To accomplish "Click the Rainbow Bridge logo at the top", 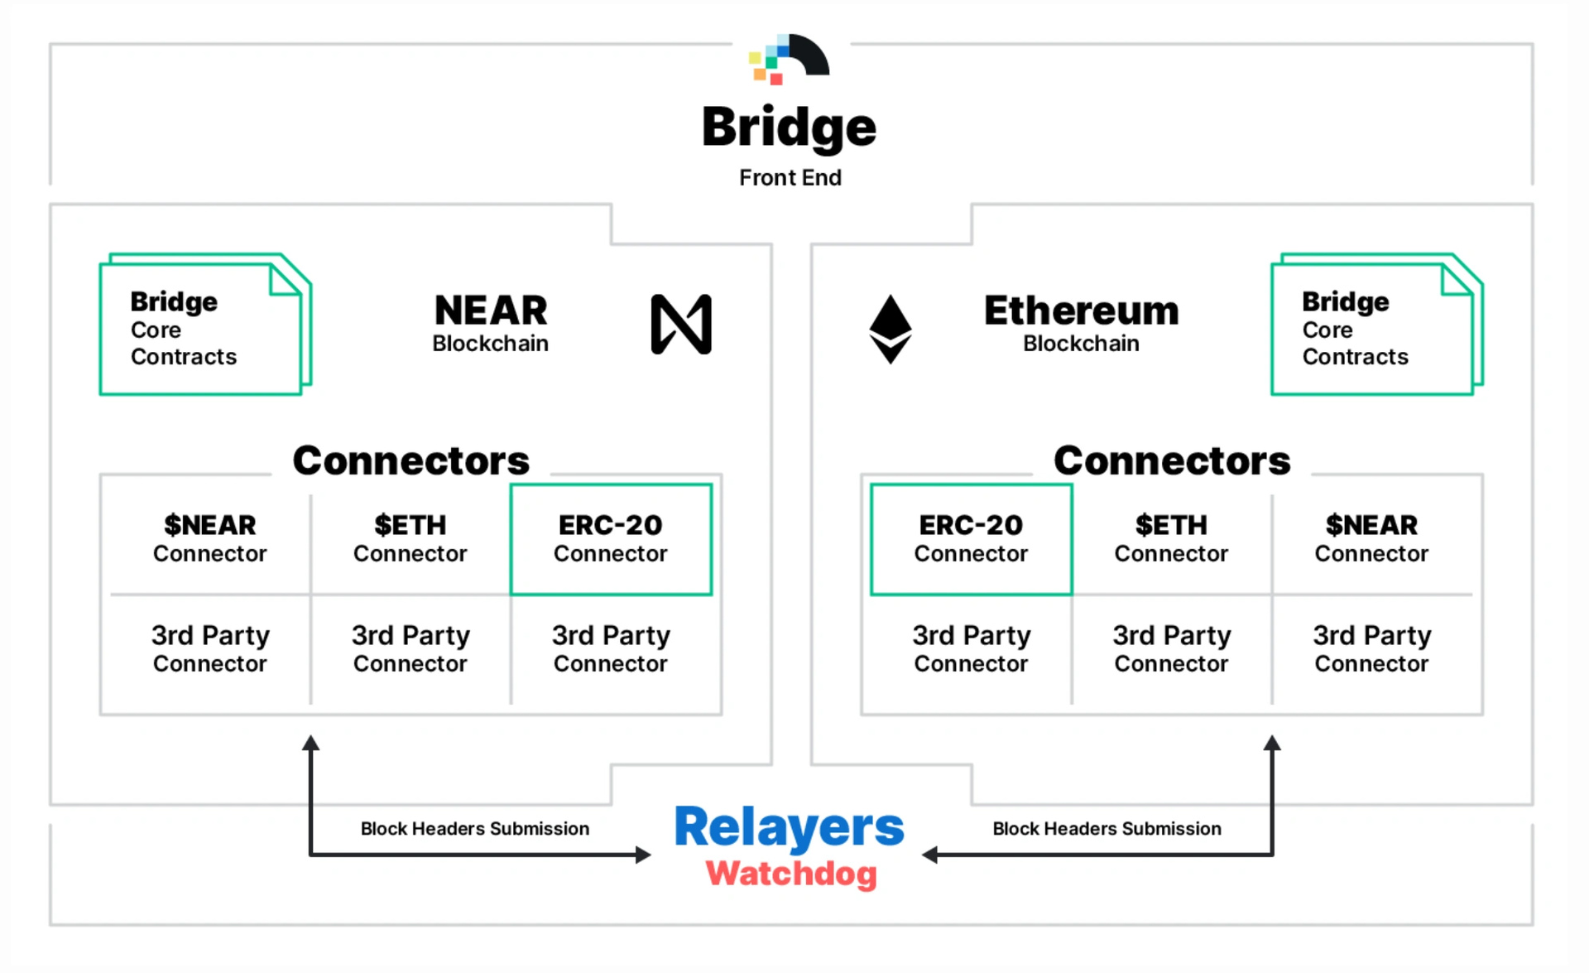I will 789,59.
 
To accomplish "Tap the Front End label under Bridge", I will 790,178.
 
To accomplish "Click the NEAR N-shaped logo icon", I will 681,324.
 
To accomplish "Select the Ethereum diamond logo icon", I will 891,329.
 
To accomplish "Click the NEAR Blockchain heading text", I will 491,323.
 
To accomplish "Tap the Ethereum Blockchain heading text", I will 1081,323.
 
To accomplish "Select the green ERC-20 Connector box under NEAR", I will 611,539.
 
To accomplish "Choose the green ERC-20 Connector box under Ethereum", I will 971,539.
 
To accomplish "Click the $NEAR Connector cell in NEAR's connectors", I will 210,539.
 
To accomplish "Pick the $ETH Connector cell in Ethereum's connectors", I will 1171,539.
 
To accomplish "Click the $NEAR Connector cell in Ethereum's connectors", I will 1371,539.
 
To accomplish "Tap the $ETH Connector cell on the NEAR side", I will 410,539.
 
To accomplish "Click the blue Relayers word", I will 789,827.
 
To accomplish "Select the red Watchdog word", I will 791,874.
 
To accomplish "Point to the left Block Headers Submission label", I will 475,829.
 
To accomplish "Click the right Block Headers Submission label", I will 1107,829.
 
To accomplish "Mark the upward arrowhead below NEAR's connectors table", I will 310,743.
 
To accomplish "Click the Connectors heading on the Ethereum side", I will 1171,460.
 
